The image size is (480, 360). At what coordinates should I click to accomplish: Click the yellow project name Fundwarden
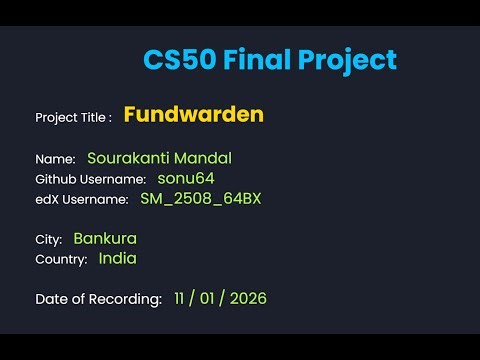coord(194,115)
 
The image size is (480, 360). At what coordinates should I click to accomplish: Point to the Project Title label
coord(73,117)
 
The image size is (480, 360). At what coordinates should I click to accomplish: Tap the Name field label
coord(55,159)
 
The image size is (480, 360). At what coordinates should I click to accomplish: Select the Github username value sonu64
coord(186,178)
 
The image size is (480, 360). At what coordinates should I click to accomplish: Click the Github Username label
coord(90,179)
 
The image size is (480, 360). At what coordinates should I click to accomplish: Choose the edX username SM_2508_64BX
coord(200,198)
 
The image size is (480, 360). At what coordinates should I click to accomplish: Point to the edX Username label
coord(82,199)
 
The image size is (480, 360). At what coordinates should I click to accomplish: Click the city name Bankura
coord(105,239)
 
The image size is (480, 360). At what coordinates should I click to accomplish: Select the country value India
coord(117,258)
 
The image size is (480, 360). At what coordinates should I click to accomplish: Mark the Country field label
coord(61,260)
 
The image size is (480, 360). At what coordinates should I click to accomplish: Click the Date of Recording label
coord(98,299)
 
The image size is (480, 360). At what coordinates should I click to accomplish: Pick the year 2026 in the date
coord(246,298)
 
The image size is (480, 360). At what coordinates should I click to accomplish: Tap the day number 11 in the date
coord(180,298)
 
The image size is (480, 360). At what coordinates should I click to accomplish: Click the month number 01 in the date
coord(211,298)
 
